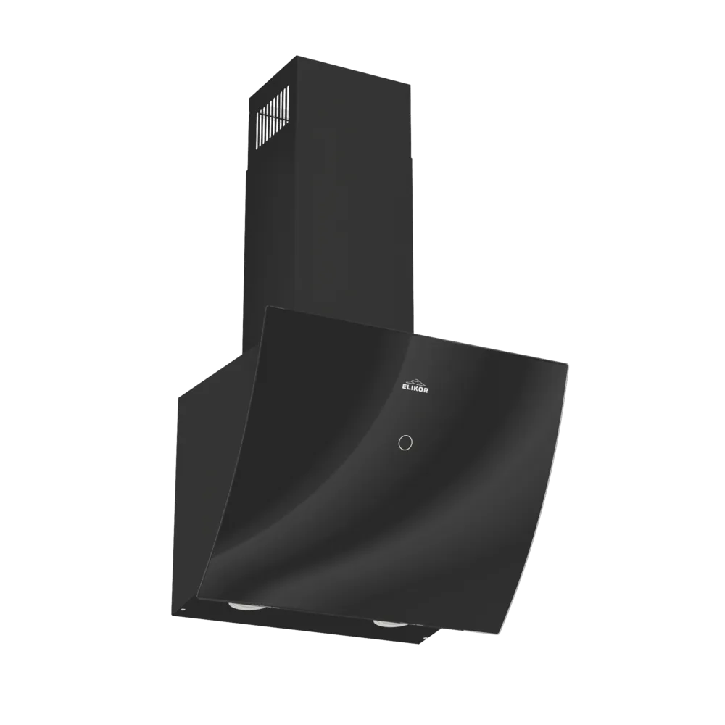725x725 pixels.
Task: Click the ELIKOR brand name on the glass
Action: [415, 390]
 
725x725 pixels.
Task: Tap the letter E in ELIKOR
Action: [404, 390]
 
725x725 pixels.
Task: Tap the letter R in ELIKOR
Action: [427, 390]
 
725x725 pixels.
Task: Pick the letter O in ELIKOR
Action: [422, 390]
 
